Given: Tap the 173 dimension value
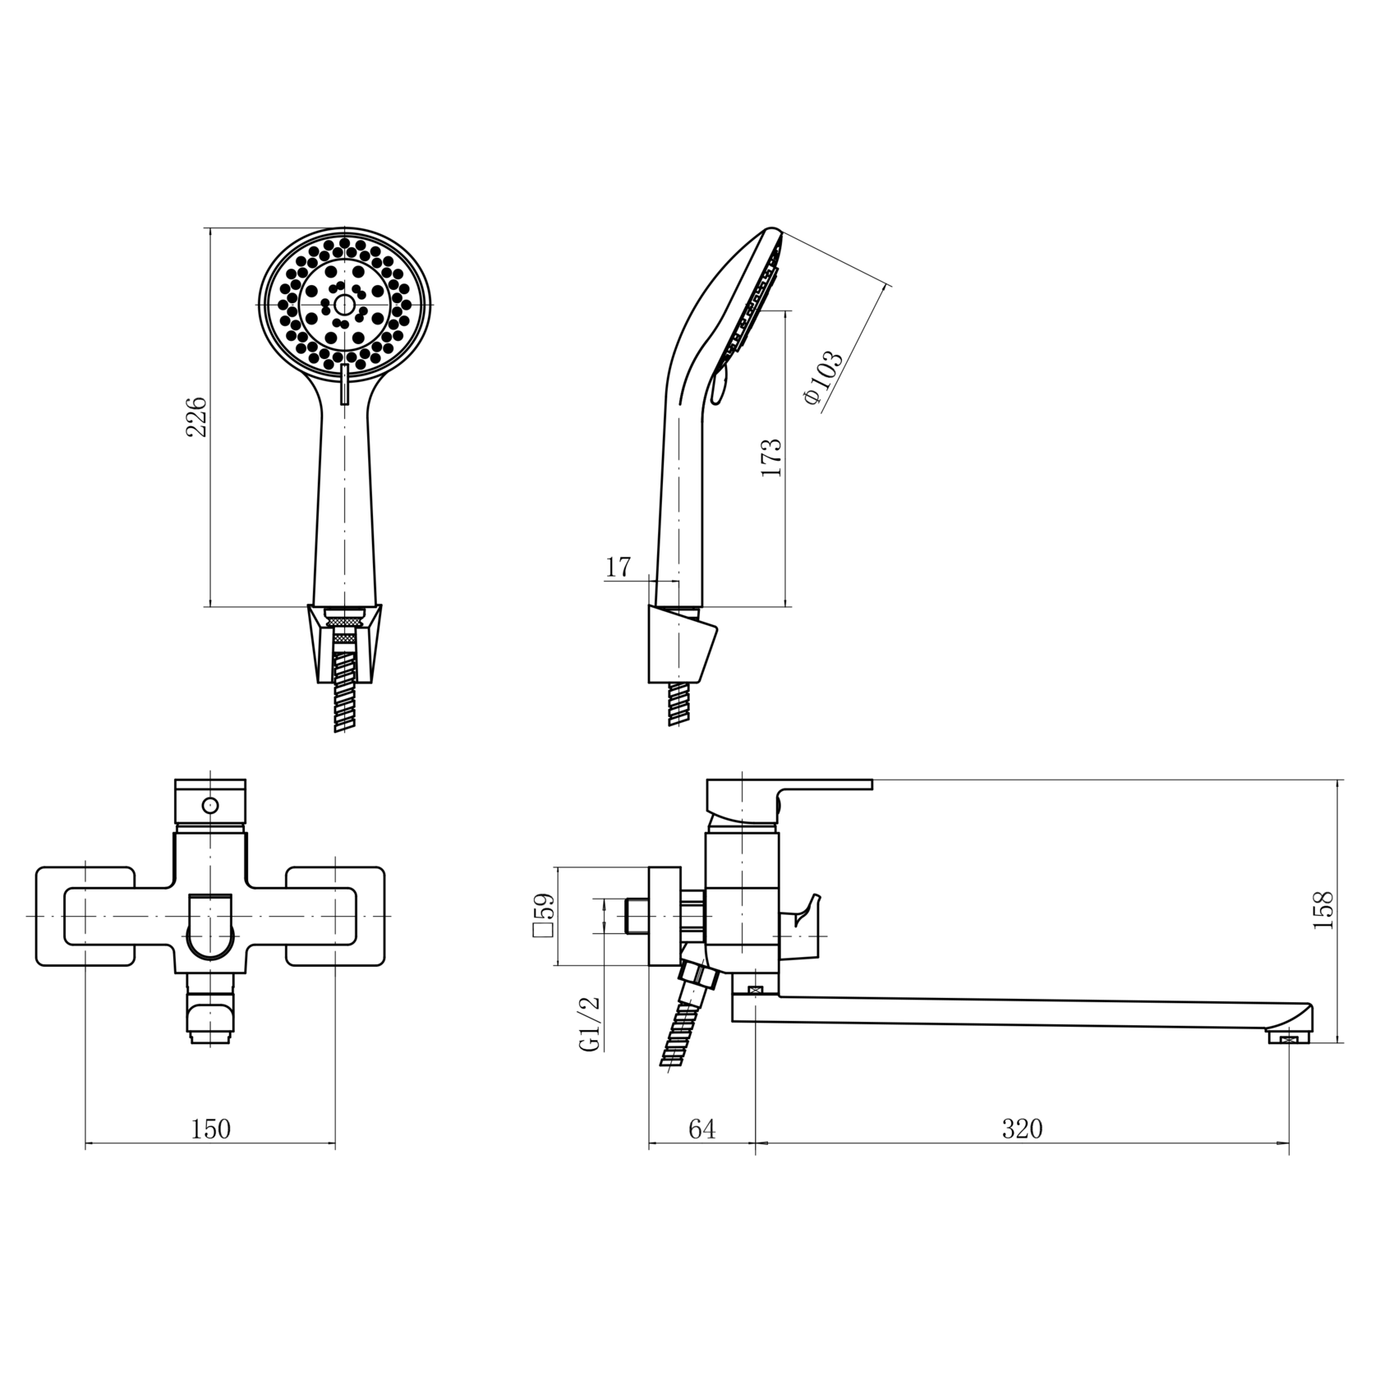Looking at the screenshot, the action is [x=771, y=458].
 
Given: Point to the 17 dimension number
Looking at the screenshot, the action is [x=618, y=567].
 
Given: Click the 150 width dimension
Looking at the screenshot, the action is [x=211, y=1129].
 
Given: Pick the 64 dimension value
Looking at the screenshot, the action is [x=701, y=1129].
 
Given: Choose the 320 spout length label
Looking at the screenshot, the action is [x=1022, y=1129].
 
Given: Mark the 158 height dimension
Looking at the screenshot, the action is [x=1322, y=910].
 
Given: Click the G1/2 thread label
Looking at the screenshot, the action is [x=591, y=1023].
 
